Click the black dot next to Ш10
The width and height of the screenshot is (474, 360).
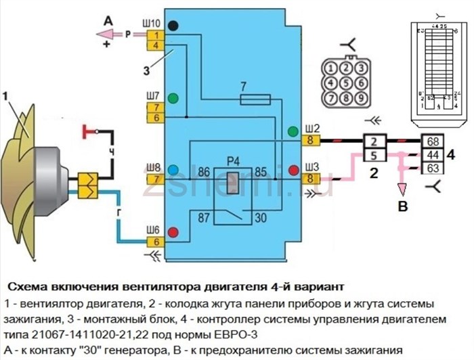[173, 26]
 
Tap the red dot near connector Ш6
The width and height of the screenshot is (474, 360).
[173, 233]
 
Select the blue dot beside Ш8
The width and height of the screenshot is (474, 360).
[173, 169]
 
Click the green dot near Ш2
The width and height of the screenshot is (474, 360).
[293, 131]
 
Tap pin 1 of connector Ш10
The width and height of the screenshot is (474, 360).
[154, 35]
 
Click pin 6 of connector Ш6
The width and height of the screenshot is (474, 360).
[154, 242]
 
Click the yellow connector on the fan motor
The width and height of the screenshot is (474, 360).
[88, 181]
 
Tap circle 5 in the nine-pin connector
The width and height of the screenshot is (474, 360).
[345, 83]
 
